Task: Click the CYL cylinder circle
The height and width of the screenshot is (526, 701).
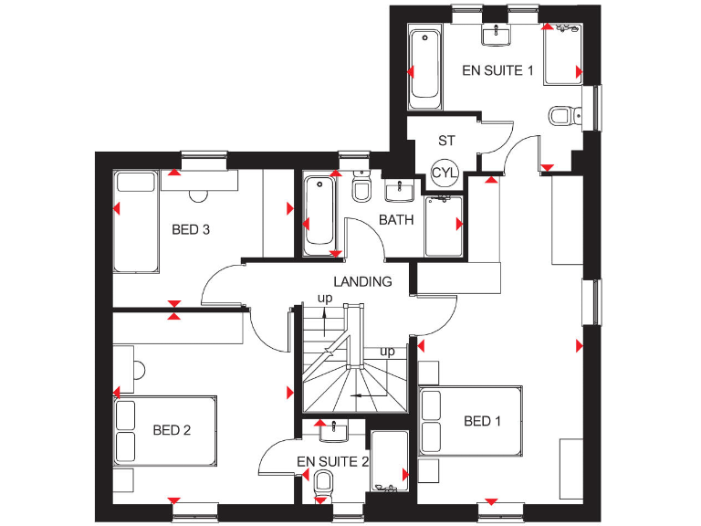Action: (444, 173)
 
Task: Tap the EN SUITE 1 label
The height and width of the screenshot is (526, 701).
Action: (497, 69)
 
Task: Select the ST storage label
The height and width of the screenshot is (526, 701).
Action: (446, 141)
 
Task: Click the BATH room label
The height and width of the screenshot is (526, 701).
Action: (396, 220)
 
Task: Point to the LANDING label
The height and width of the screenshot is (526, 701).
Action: (362, 282)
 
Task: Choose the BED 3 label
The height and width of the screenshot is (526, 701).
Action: (191, 229)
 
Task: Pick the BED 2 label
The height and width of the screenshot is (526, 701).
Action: (172, 430)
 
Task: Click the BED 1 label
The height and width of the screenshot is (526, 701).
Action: (483, 421)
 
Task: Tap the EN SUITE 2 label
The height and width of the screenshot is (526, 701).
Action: (332, 462)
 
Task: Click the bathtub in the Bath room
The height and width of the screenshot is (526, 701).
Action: (319, 211)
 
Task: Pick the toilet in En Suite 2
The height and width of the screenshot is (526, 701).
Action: (323, 483)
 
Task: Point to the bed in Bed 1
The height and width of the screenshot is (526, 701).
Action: (470, 421)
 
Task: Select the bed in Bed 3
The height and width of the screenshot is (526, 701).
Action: (136, 222)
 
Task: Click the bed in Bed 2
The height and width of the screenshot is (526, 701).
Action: (164, 430)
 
